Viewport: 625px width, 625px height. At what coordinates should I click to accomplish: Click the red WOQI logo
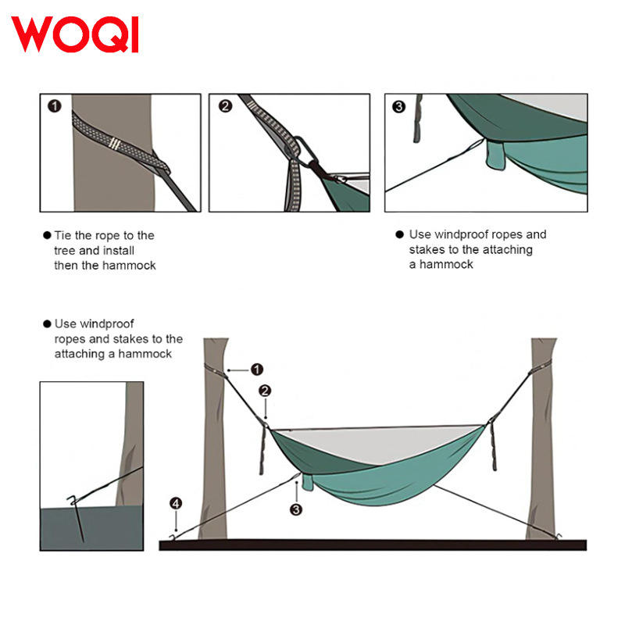pos(76,34)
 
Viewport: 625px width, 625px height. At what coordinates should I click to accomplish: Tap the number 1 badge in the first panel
pos(54,106)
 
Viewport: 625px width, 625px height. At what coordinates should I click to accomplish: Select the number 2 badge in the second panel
pos(225,106)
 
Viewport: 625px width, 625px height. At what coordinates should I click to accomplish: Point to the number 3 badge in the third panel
pos(398,106)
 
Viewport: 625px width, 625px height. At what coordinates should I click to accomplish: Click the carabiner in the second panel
pos(307,154)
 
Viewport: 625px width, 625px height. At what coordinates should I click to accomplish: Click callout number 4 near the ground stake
pos(176,503)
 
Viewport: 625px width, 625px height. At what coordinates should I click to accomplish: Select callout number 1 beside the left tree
pos(257,370)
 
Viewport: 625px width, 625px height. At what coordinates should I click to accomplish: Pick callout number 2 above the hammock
pos(265,391)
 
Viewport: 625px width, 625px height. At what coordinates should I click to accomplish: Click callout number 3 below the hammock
pos(296,509)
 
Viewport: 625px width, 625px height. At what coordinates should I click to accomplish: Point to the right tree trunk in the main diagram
pos(543,437)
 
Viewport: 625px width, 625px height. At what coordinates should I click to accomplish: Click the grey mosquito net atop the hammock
pos(375,441)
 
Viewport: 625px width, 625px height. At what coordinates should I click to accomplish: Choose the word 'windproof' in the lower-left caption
pos(107,323)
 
